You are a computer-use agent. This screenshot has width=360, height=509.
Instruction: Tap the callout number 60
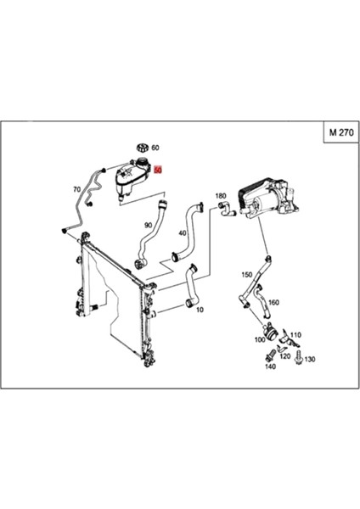click(155, 148)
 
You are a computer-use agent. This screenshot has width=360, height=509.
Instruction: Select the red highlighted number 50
click(157, 170)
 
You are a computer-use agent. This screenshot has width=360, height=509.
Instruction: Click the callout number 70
click(76, 189)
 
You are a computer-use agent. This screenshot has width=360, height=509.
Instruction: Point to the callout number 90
click(148, 225)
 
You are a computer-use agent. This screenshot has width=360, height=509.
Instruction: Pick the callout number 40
click(183, 232)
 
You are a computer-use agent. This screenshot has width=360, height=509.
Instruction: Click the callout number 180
click(221, 195)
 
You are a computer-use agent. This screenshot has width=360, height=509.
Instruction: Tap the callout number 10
click(200, 310)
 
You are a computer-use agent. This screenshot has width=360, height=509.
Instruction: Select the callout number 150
click(246, 274)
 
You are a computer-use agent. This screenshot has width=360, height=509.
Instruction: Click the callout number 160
click(273, 301)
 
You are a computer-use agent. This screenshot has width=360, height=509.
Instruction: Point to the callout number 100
click(259, 339)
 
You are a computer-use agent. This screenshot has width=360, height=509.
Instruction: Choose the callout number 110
click(295, 336)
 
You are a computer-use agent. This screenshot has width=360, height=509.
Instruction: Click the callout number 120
click(285, 357)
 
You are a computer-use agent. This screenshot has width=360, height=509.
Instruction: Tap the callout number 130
click(310, 360)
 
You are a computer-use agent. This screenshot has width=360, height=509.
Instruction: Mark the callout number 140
click(269, 366)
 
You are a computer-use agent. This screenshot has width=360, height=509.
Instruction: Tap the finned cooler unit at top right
click(257, 199)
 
